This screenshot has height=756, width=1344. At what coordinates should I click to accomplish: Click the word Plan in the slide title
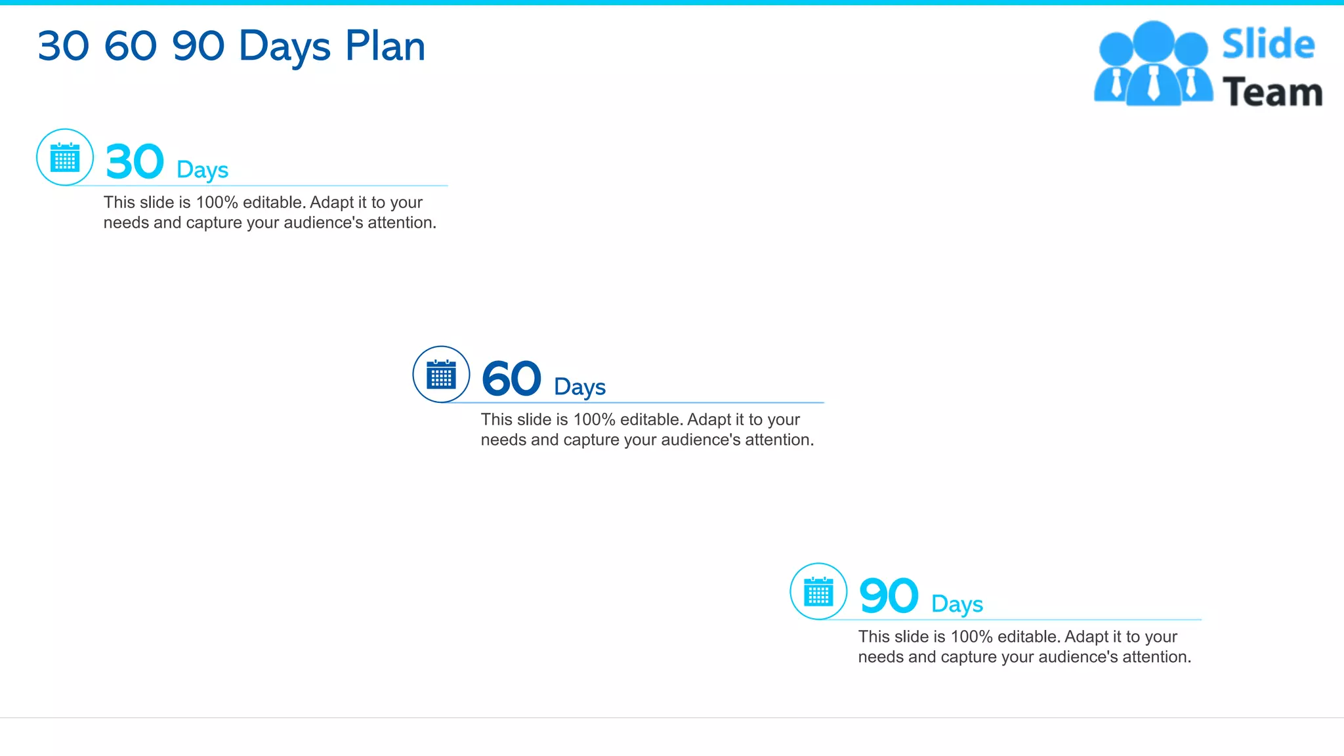click(x=385, y=47)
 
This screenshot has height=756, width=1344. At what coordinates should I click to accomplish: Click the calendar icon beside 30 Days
click(x=65, y=157)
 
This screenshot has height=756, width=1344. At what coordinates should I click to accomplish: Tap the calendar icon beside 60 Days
click(x=441, y=375)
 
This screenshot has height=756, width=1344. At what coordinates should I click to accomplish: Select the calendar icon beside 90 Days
click(x=818, y=592)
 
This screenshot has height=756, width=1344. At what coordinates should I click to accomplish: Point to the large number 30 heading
click(x=135, y=161)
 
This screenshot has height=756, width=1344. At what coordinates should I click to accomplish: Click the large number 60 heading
click(x=511, y=379)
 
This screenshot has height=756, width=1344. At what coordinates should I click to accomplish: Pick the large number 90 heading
click(x=889, y=596)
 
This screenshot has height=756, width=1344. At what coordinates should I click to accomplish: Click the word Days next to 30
click(x=202, y=170)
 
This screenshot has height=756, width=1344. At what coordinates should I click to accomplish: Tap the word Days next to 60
click(x=579, y=387)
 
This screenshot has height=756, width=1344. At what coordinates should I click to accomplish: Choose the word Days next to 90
click(x=957, y=604)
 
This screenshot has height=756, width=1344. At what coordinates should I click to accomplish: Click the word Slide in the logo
click(x=1268, y=45)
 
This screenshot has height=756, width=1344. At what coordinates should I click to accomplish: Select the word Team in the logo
click(x=1272, y=92)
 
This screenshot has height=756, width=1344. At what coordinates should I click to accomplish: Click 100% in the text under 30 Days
click(x=217, y=203)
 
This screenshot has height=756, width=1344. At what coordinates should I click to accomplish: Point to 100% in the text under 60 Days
click(x=594, y=420)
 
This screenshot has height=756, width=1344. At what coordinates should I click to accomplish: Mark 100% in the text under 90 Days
click(x=971, y=637)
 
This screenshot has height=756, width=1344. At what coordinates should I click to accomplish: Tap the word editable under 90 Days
click(x=1027, y=637)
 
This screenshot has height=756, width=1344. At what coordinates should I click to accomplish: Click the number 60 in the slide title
click(x=131, y=47)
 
